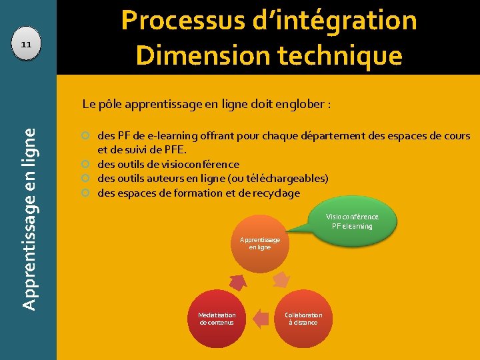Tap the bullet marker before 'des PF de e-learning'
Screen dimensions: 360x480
86,136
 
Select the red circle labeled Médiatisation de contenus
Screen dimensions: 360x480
217,319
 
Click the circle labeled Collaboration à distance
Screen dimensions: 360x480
303,319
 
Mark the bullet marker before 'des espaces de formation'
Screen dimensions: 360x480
86,193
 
